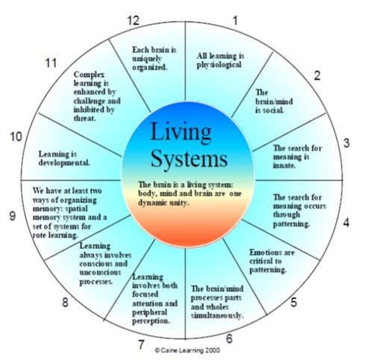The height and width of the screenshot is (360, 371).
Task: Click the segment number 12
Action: [x=133, y=20]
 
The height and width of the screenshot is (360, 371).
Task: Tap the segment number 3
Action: [x=346, y=143]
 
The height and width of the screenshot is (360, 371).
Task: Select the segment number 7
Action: [x=141, y=345]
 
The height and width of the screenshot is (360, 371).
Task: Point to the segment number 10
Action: [x=16, y=137]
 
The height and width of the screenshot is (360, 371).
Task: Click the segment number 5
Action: [x=293, y=302]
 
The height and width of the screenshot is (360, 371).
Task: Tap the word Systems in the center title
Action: [x=189, y=159]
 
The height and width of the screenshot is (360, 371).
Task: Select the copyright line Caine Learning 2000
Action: [x=187, y=350]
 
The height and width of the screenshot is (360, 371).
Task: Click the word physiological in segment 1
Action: [x=219, y=65]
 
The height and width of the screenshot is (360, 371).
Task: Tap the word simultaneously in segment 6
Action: [x=217, y=316]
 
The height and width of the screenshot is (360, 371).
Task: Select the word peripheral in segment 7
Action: [x=149, y=313]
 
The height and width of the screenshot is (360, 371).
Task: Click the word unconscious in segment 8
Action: [x=100, y=273]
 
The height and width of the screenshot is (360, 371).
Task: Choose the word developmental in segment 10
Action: [x=64, y=163]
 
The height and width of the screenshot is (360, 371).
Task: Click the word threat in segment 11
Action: [x=85, y=119]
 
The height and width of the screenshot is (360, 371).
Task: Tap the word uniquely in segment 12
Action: [x=147, y=59]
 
